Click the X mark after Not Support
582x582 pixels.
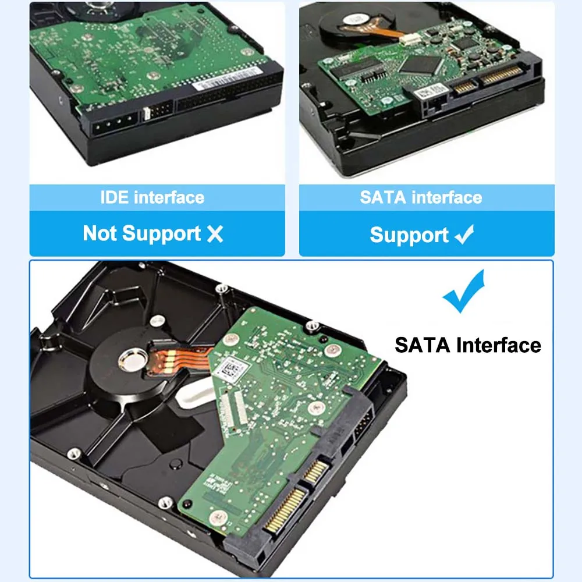215,234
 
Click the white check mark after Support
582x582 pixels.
464,235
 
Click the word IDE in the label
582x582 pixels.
115,197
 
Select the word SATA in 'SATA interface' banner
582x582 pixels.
381,197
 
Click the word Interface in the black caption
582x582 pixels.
499,345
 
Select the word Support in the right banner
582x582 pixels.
409,235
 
